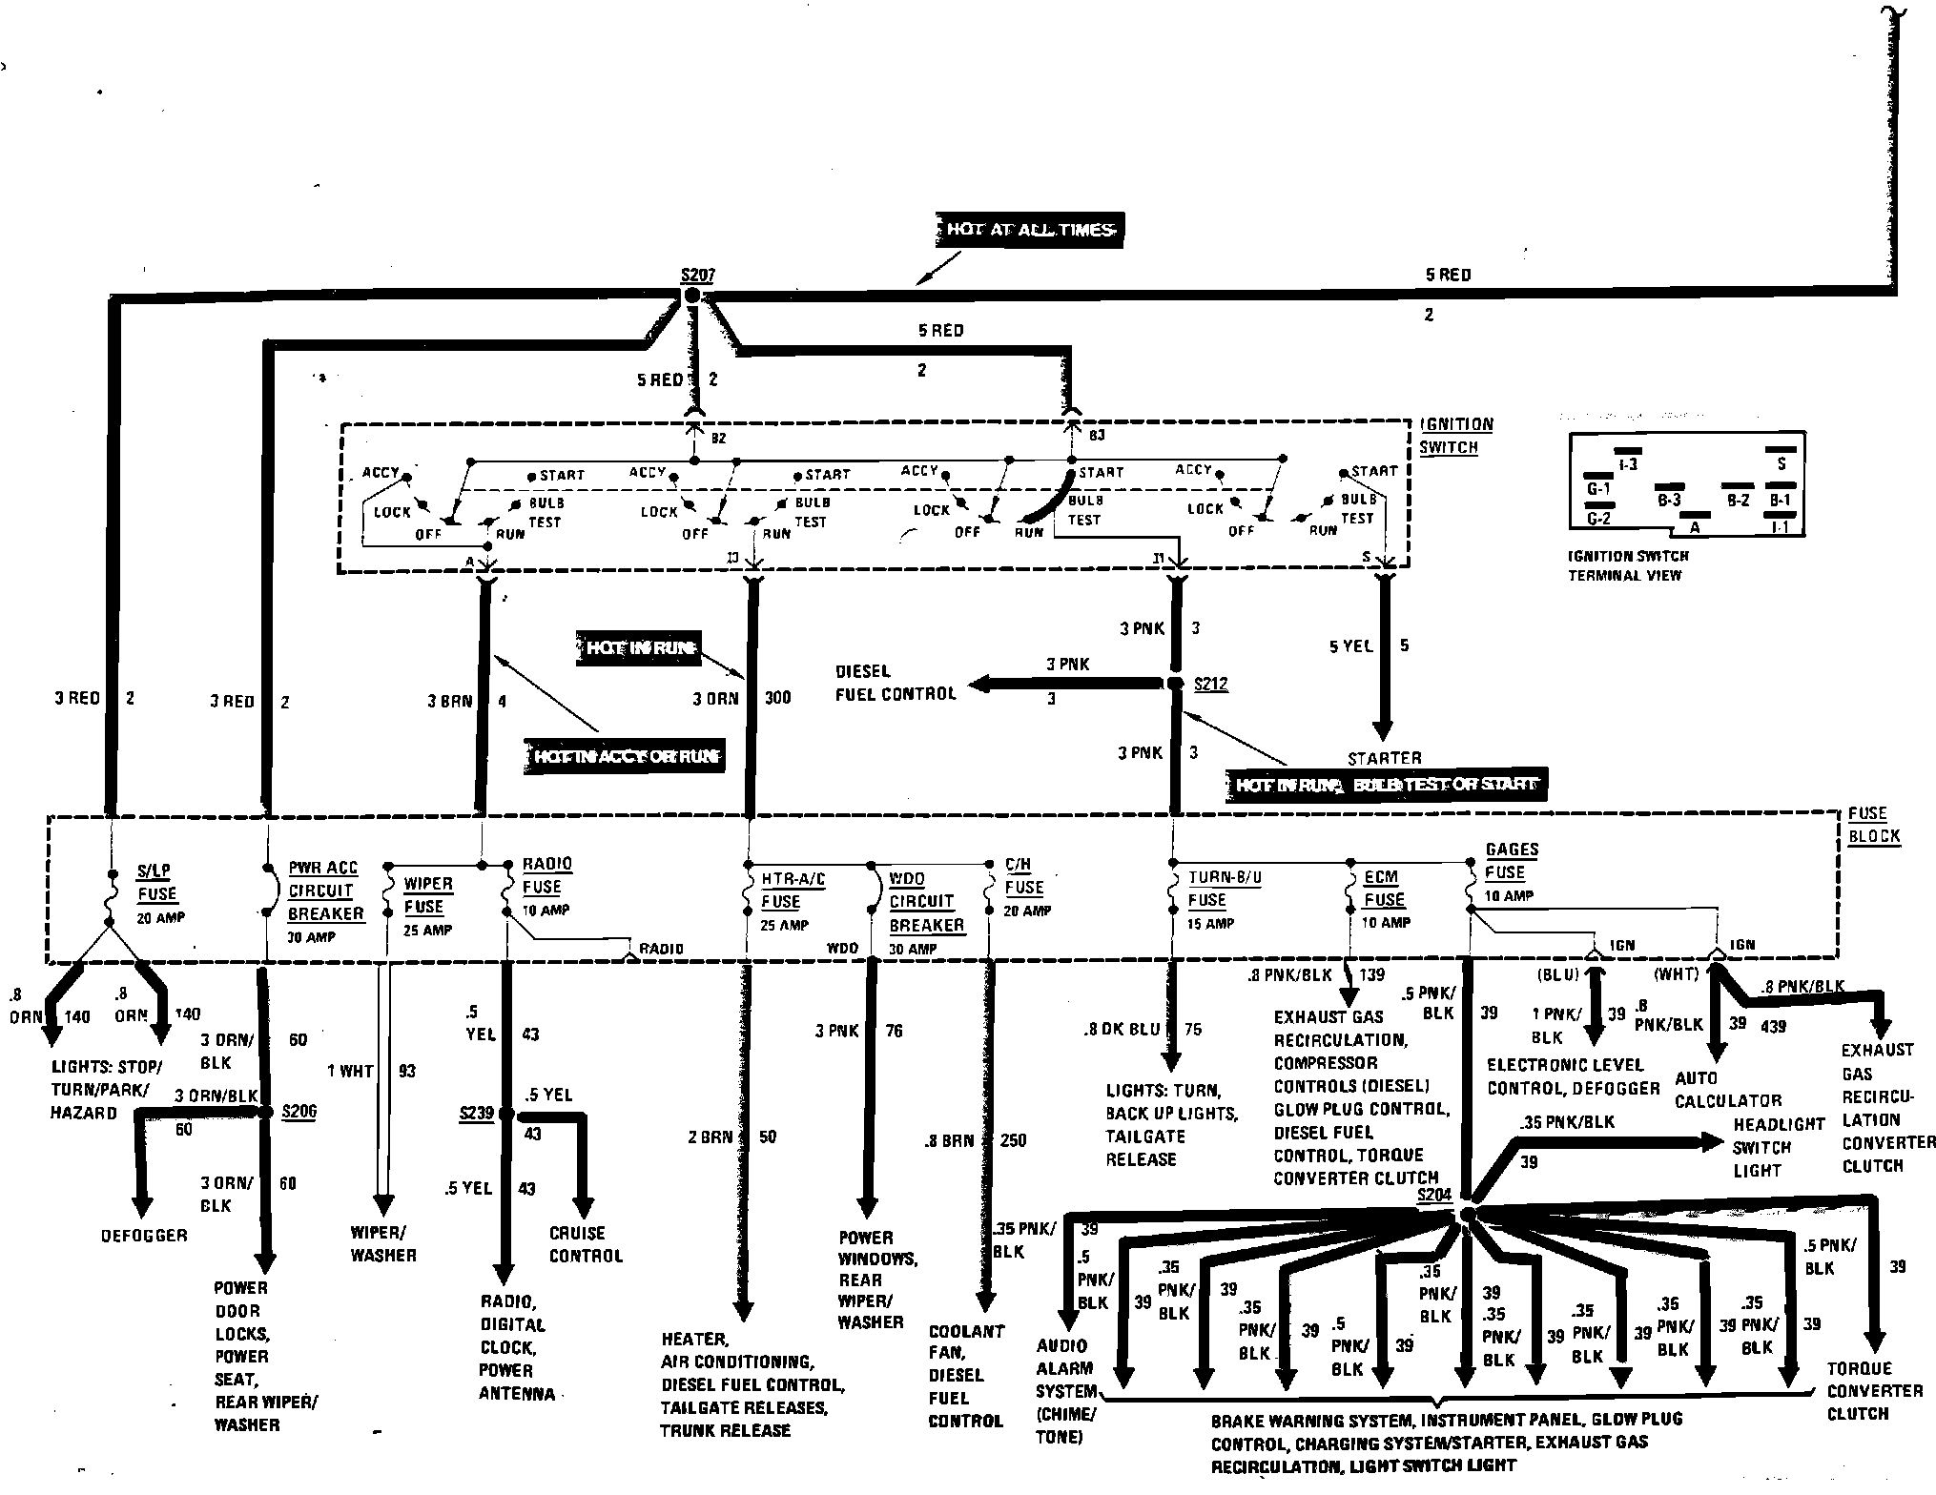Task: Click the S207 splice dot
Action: [693, 297]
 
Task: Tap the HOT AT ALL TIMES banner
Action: [1029, 230]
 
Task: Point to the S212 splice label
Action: [1210, 685]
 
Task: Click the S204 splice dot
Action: [1468, 1214]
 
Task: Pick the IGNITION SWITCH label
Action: [1455, 436]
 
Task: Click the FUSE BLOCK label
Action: [1873, 825]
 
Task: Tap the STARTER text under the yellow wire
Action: [1384, 758]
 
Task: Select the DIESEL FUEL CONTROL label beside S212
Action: [896, 683]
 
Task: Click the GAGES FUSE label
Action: [1511, 861]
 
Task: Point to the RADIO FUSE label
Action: [546, 875]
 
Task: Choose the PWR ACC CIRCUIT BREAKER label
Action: [324, 891]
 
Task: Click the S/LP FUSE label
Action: [156, 883]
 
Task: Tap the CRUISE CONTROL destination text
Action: [586, 1244]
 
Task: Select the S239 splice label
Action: [476, 1113]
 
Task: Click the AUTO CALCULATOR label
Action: [1728, 1089]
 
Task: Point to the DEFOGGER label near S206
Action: [144, 1235]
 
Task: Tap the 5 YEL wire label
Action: [1350, 646]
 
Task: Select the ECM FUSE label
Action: [1383, 889]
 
